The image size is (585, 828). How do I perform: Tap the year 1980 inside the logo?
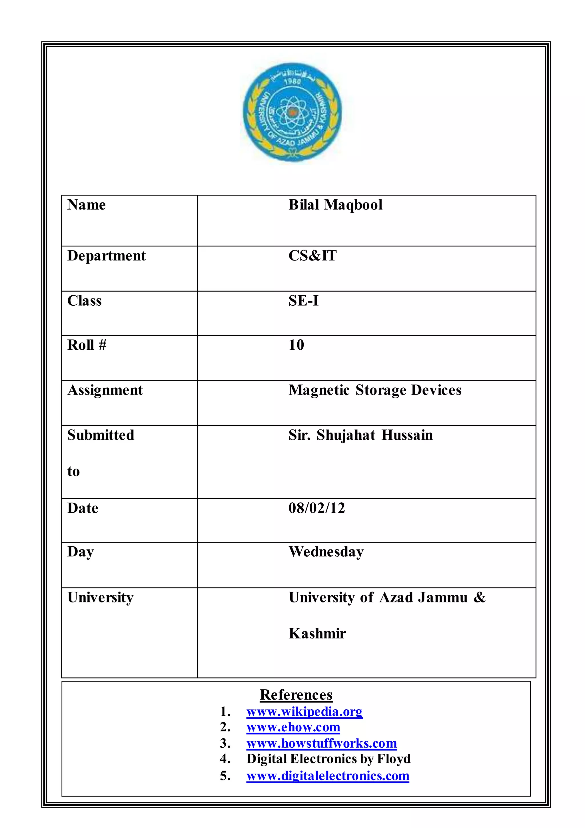pyautogui.click(x=292, y=81)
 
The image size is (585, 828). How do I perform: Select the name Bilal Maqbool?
pyautogui.click(x=335, y=205)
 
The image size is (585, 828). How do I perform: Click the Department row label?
pyautogui.click(x=106, y=256)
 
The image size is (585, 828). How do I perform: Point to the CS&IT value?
pyautogui.click(x=312, y=256)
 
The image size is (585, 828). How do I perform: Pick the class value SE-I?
pyautogui.click(x=303, y=301)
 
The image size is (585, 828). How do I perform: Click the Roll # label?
pyautogui.click(x=87, y=345)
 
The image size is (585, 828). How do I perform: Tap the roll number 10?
pyautogui.click(x=296, y=345)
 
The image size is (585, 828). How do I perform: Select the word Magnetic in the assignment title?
pyautogui.click(x=319, y=390)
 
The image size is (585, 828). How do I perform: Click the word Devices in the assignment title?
pyautogui.click(x=436, y=390)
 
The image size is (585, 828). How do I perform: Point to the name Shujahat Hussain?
pyautogui.click(x=375, y=435)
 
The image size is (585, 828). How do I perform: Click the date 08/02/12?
pyautogui.click(x=316, y=508)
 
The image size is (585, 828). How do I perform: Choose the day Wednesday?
pyautogui.click(x=326, y=552)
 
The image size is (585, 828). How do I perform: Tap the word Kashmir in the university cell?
pyautogui.click(x=317, y=634)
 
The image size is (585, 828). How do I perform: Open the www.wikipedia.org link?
pyautogui.click(x=304, y=712)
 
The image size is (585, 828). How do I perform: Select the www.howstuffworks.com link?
pyautogui.click(x=321, y=743)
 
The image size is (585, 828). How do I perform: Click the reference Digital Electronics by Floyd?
pyautogui.click(x=328, y=759)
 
